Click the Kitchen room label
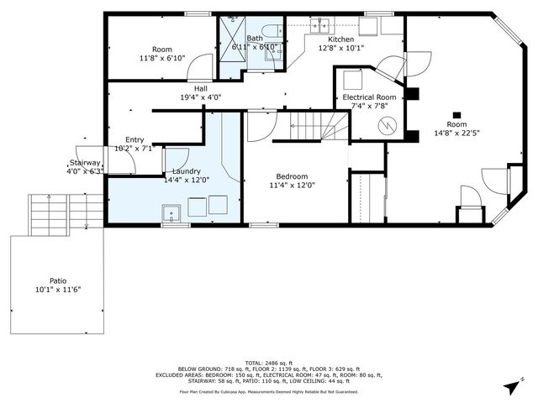point(340,39)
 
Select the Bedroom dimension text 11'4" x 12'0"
point(288,186)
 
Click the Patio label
point(58,280)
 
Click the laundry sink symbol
point(175,213)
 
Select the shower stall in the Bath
point(232,37)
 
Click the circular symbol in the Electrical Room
point(387,126)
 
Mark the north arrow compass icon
point(510,387)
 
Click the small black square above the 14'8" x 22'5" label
point(457,116)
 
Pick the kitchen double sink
point(317,26)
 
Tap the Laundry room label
point(186,170)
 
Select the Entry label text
point(134,139)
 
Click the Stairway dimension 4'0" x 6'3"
point(85,171)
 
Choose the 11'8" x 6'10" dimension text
point(161,59)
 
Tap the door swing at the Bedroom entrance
point(257,128)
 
